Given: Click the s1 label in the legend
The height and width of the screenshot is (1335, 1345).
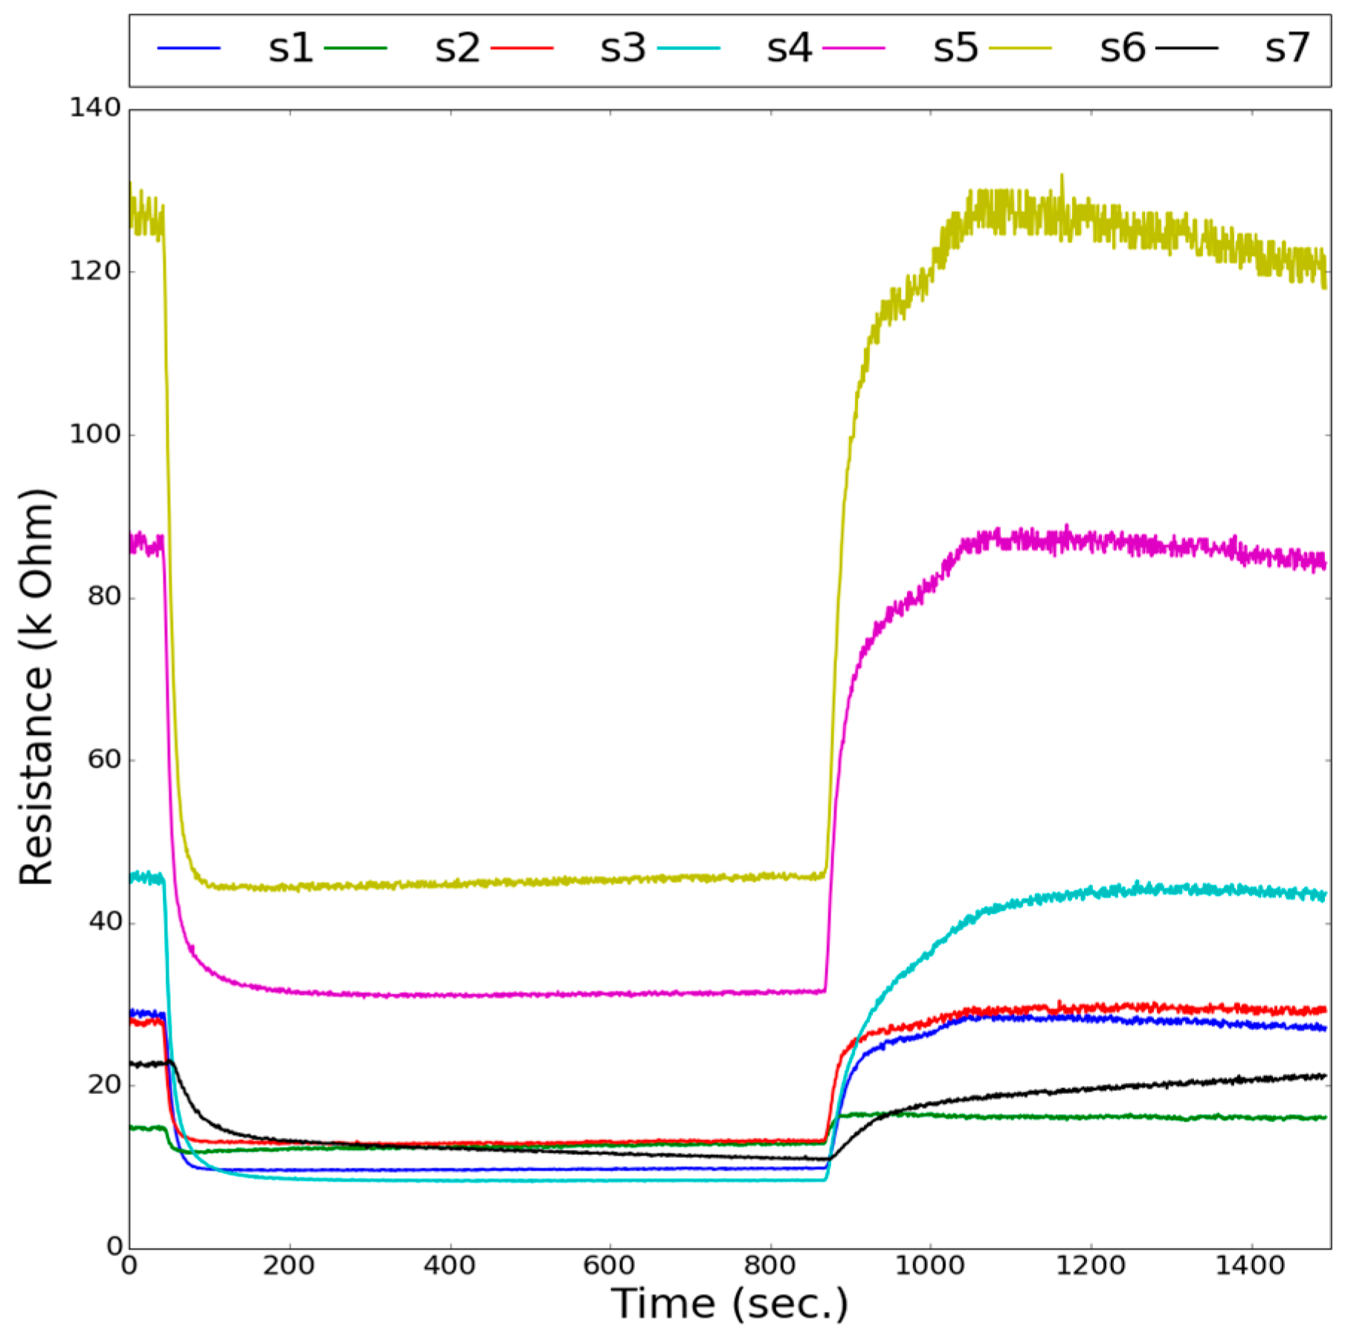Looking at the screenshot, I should (x=291, y=48).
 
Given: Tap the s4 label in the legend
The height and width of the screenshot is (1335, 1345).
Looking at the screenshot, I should (x=790, y=48).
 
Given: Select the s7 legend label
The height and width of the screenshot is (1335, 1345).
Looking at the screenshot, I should (x=1287, y=48).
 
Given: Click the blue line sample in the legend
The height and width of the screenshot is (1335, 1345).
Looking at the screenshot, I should (x=189, y=48).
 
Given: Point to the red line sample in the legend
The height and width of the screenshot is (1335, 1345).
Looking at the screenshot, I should (x=523, y=48).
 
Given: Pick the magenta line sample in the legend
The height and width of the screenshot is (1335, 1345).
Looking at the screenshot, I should (x=854, y=48).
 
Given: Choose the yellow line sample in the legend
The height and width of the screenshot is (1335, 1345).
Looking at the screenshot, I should (x=1021, y=48).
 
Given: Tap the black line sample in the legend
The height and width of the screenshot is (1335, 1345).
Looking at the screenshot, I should (x=1187, y=48).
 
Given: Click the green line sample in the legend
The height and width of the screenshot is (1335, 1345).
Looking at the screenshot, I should (x=356, y=48).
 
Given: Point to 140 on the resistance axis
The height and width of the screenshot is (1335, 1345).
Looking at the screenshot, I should (x=95, y=109).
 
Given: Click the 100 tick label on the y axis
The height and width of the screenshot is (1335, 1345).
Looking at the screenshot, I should (x=95, y=434).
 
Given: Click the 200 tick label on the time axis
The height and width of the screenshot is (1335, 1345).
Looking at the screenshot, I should (x=288, y=1265).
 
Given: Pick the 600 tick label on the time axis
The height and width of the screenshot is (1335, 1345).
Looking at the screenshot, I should (x=609, y=1265).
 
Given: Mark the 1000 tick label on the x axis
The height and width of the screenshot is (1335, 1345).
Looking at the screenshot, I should (x=930, y=1265).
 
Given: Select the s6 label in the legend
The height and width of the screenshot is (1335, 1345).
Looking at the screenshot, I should (x=1123, y=48).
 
